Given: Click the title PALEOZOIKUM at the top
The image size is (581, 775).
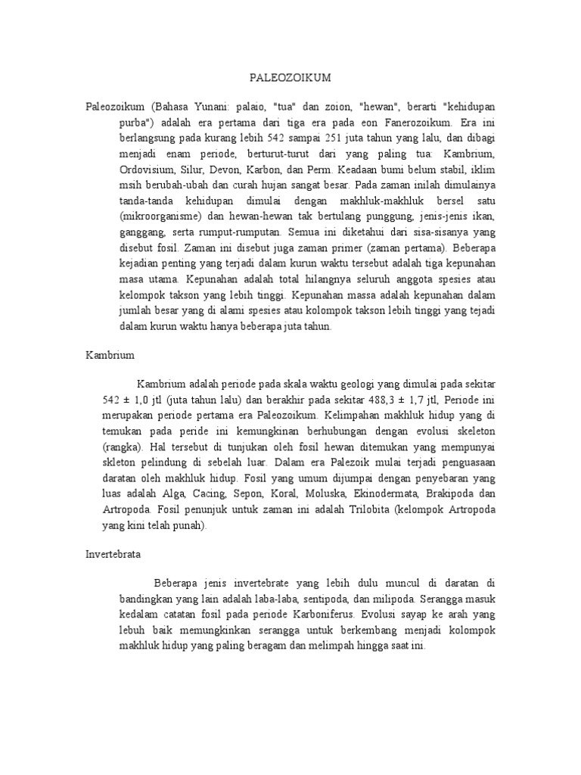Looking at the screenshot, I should click(x=290, y=77).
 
